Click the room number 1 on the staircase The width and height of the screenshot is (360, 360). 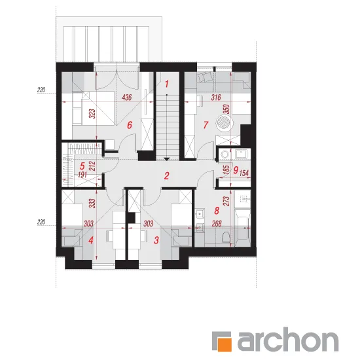[x=167, y=84]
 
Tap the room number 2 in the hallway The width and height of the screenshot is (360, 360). [x=167, y=176]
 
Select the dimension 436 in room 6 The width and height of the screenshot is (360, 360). [x=127, y=98]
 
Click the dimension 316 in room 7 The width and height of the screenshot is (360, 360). [x=216, y=98]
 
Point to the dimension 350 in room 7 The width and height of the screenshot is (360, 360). [x=226, y=109]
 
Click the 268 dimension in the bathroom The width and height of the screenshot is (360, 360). [x=217, y=223]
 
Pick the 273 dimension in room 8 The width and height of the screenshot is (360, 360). [x=226, y=201]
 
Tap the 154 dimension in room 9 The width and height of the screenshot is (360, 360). [x=244, y=173]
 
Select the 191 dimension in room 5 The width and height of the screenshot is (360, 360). [x=82, y=175]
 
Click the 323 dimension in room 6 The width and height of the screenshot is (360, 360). [x=92, y=114]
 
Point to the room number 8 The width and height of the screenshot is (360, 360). [x=217, y=211]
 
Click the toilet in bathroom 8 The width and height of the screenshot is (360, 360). [x=226, y=236]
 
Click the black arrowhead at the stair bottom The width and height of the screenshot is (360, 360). [x=167, y=159]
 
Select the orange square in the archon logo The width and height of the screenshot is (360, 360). [x=225, y=344]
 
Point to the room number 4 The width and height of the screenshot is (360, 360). [x=91, y=240]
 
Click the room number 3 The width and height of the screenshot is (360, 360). [x=156, y=240]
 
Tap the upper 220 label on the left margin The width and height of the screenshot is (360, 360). [x=41, y=90]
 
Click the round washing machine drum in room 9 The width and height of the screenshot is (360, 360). [x=224, y=154]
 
